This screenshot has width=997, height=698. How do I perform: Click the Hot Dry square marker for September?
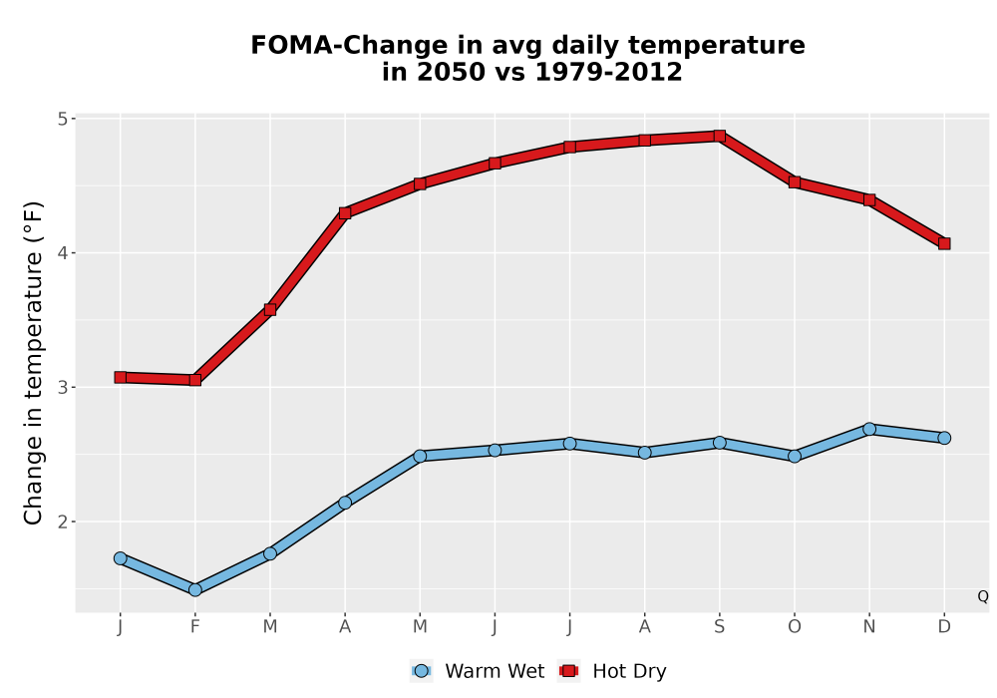tap(719, 136)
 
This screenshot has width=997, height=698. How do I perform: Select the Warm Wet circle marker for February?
tap(195, 590)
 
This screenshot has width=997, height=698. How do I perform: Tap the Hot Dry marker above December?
tap(944, 243)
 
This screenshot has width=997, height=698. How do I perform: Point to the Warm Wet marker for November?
tap(869, 429)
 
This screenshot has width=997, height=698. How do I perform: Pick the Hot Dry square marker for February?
tap(195, 380)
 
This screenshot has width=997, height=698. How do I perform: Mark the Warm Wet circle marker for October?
tap(795, 456)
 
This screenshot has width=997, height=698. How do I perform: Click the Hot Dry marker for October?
tap(795, 182)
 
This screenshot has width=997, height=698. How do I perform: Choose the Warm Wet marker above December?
tap(944, 438)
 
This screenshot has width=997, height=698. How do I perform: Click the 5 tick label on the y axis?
tap(63, 119)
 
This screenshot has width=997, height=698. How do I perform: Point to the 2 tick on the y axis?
tap(63, 522)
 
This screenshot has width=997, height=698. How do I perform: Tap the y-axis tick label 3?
tap(63, 387)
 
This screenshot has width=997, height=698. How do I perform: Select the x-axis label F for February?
tap(195, 627)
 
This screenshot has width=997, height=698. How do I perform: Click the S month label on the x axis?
tap(719, 627)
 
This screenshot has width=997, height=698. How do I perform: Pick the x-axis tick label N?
tap(869, 627)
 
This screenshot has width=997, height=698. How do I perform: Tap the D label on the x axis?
tap(944, 627)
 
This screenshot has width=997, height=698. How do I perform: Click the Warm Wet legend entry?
tap(478, 671)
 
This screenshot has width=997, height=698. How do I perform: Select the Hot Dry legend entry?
tap(612, 671)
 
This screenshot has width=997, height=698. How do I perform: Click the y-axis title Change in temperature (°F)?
tap(33, 363)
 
